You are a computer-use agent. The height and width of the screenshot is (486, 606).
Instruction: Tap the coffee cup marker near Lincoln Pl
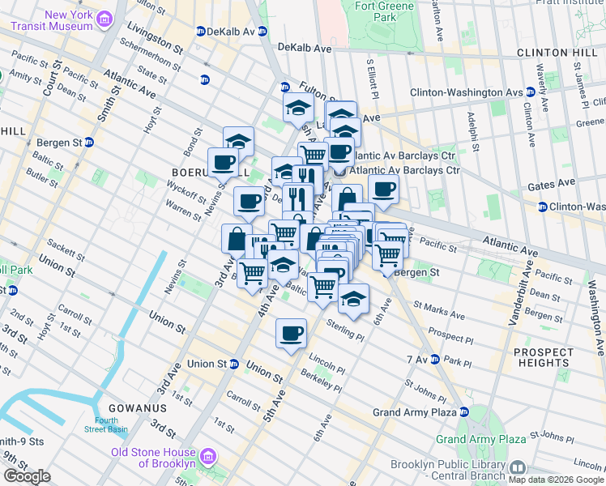(291, 332)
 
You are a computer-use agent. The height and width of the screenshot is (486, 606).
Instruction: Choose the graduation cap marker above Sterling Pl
(353, 298)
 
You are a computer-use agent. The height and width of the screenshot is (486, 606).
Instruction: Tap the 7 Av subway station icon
(434, 359)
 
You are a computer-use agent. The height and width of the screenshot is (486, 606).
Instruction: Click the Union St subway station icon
(233, 364)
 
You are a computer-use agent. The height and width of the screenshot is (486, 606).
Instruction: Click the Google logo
(27, 476)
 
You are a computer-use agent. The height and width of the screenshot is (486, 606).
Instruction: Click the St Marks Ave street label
(438, 310)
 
